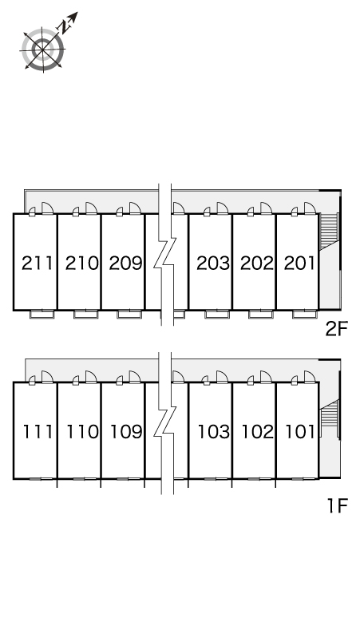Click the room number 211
[x=37, y=263]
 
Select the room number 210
[x=81, y=263]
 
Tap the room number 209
[x=125, y=263]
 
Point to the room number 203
[x=212, y=263]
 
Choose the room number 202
[x=256, y=263]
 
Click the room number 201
[x=299, y=263]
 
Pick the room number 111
[x=38, y=432]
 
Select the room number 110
[x=82, y=432]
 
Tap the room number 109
[x=126, y=432]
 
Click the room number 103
[x=213, y=432]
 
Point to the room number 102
[x=257, y=432]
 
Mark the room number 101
[x=300, y=432]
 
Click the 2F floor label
[x=337, y=329]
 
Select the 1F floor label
[x=338, y=505]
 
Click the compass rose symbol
[x=43, y=50]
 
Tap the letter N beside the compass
[x=64, y=26]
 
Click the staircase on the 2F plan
[x=329, y=231]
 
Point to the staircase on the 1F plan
[x=329, y=418]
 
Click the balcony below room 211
[x=42, y=314]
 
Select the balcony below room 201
[x=304, y=314]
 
